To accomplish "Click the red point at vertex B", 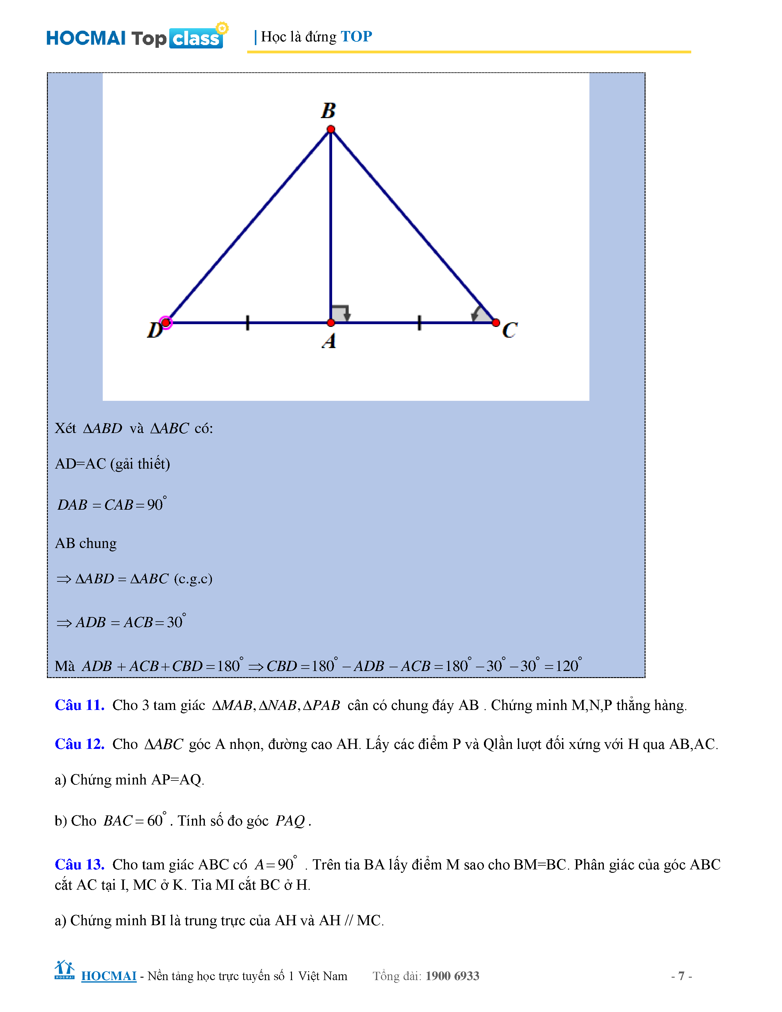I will pos(331,129).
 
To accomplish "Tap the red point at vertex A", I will pos(331,323).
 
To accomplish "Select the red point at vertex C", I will pos(496,323).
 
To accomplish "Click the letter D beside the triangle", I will pos(154,330).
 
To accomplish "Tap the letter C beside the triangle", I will pos(510,330).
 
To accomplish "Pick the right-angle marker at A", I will pos(340,313).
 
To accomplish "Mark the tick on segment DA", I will pos(248,323).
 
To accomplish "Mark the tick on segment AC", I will pos(419,323).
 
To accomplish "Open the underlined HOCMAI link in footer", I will pos(109,976).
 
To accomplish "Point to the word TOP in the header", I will pos(356,36).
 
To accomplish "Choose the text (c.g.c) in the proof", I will pos(193,579).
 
